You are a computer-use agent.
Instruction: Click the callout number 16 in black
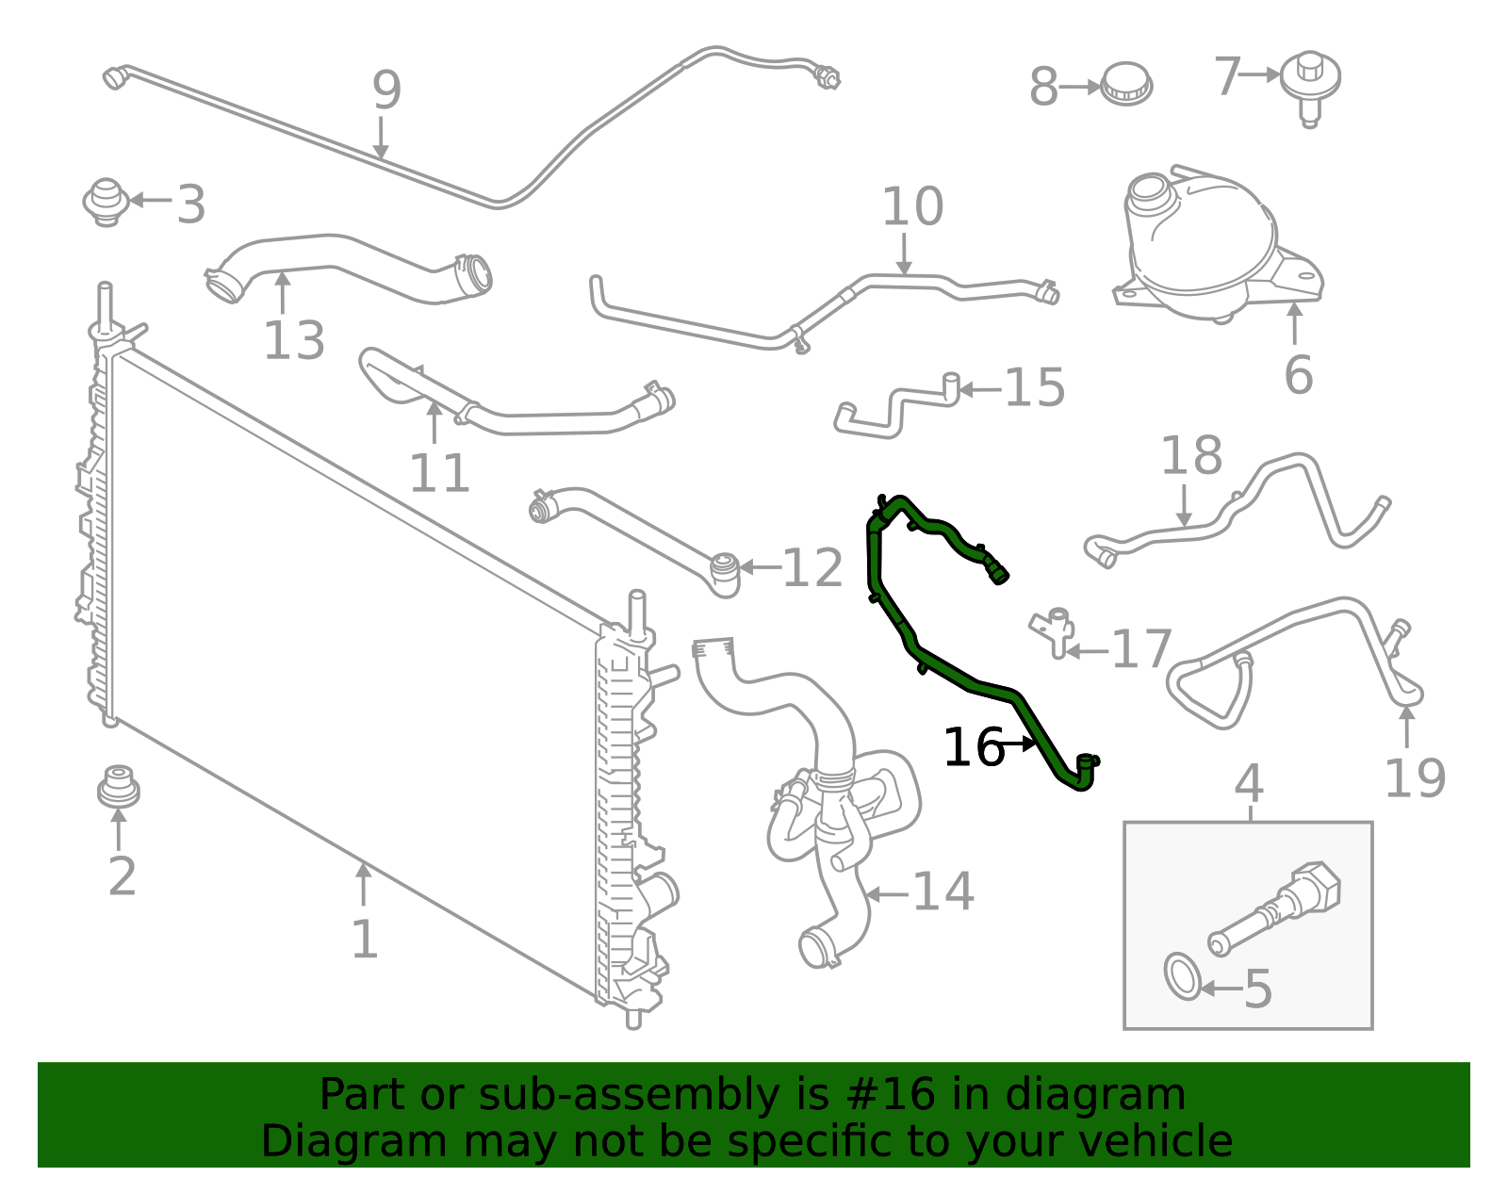point(974,748)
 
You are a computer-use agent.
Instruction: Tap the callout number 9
point(386,91)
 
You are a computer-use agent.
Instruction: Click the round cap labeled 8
point(1126,84)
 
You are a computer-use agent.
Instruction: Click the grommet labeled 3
point(107,201)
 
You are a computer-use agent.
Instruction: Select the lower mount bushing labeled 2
point(118,787)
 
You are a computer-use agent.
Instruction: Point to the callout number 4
point(1249,783)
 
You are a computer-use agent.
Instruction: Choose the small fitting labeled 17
point(1056,629)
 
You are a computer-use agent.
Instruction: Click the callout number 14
point(943,891)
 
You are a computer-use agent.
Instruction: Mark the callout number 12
point(812,568)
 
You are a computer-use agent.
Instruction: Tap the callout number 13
point(294,341)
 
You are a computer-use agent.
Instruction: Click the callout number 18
point(1191,456)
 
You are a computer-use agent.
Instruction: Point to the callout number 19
point(1414,778)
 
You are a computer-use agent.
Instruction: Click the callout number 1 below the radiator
point(364,940)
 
